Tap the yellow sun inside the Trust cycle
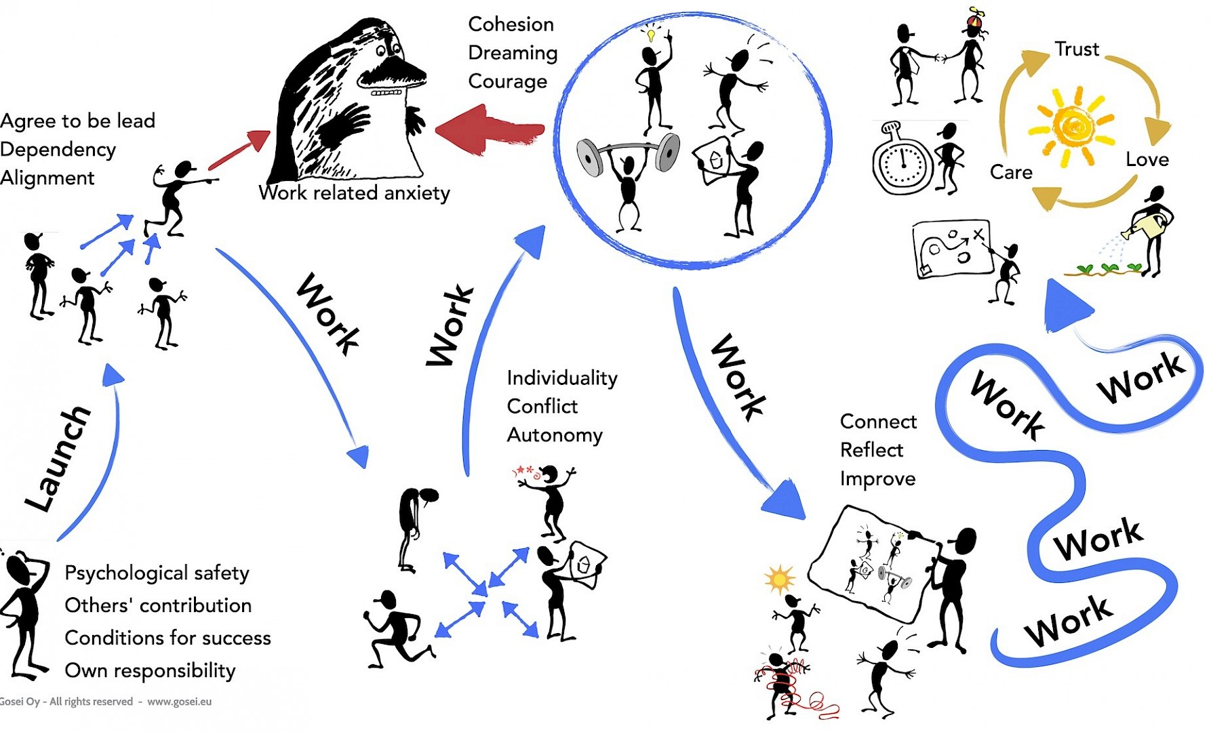click(x=1071, y=126)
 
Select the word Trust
click(x=1076, y=49)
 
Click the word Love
click(x=1147, y=160)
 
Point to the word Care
click(x=1011, y=173)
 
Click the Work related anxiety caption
click(x=354, y=193)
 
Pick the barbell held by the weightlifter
click(x=628, y=152)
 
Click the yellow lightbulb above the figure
click(x=651, y=33)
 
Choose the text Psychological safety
click(x=157, y=573)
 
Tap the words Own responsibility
click(x=150, y=671)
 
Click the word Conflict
click(x=542, y=407)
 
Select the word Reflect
click(x=871, y=450)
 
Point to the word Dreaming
click(x=513, y=53)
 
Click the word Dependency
click(x=58, y=150)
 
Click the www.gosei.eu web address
click(x=179, y=701)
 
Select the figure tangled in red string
click(x=783, y=681)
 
